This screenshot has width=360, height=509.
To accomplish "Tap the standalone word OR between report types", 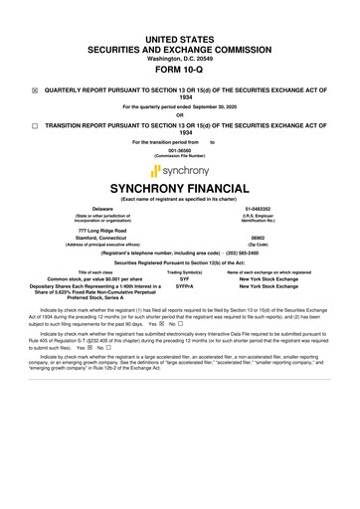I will pyautogui.click(x=179, y=111).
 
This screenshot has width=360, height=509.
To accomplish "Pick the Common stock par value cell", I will pyautogui.click(x=95, y=282).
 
